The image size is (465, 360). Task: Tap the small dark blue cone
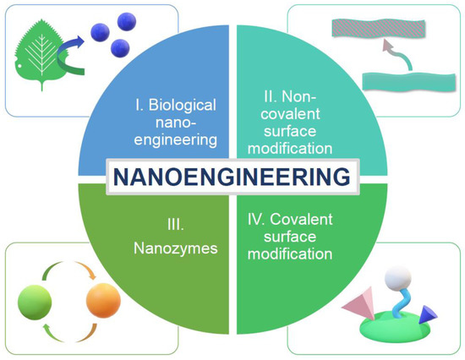[422, 314]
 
